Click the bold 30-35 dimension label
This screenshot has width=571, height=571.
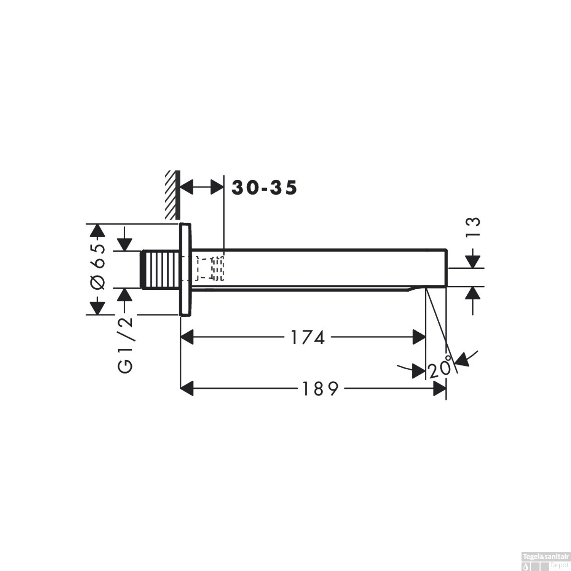(264, 188)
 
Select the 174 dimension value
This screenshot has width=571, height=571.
(308, 337)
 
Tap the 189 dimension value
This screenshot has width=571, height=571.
(320, 389)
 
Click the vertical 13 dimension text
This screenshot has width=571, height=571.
(473, 227)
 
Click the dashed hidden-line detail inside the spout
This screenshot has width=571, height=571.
(209, 269)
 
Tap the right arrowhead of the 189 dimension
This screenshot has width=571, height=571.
(440, 389)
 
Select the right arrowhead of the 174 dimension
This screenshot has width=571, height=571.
(419, 337)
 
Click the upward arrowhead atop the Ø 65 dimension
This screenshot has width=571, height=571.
(98, 231)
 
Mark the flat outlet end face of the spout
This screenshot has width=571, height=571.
(446, 268)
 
